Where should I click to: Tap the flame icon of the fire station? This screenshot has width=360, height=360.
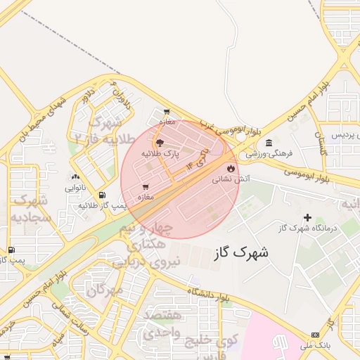tap(231, 169)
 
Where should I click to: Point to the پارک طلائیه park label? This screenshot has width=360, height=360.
tap(160, 153)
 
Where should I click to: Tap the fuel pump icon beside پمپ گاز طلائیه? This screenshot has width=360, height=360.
tap(103, 195)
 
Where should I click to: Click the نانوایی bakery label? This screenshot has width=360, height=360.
tap(76, 188)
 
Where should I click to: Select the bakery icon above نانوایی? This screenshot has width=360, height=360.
tap(75, 177)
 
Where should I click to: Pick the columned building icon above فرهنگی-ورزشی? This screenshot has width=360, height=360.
tap(269, 143)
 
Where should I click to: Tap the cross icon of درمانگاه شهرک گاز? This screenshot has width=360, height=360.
tap(307, 217)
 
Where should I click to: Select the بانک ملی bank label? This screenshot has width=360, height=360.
tap(319, 346)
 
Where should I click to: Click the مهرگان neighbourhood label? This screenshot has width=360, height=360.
tap(106, 289)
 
